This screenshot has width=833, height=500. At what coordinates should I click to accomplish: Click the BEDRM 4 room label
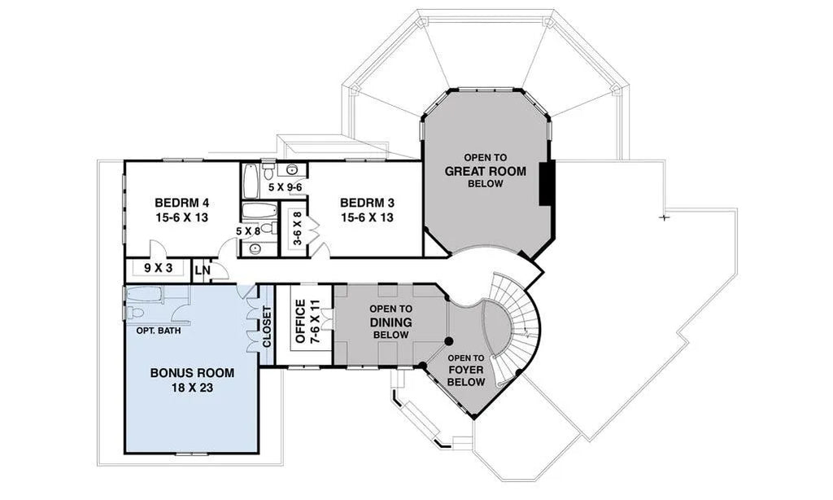pyautogui.click(x=181, y=203)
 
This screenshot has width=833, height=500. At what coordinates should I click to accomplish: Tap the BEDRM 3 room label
pyautogui.click(x=367, y=203)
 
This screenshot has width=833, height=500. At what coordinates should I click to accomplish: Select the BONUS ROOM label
pyautogui.click(x=192, y=373)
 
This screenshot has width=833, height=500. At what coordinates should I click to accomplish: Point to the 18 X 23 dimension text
pyautogui.click(x=192, y=388)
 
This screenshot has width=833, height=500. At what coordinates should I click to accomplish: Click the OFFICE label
pyautogui.click(x=301, y=322)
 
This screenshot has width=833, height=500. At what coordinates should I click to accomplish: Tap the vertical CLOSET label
pyautogui.click(x=267, y=326)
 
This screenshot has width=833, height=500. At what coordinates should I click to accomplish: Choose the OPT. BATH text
pyautogui.click(x=159, y=331)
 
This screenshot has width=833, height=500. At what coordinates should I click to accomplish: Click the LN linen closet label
pyautogui.click(x=203, y=270)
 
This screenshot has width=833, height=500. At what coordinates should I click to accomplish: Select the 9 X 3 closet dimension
pyautogui.click(x=159, y=268)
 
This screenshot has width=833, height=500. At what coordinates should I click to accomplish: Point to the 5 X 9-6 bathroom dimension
pyautogui.click(x=285, y=187)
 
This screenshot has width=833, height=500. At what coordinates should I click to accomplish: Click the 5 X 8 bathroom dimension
pyautogui.click(x=248, y=230)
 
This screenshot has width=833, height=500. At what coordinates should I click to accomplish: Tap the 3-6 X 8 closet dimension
pyautogui.click(x=297, y=228)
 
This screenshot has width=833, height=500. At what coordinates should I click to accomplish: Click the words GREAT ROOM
pyautogui.click(x=485, y=171)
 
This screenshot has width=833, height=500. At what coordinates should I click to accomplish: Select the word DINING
pyautogui.click(x=391, y=322)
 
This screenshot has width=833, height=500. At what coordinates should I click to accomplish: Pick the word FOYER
pyautogui.click(x=466, y=370)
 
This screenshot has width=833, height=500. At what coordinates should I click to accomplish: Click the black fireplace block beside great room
pyautogui.click(x=547, y=182)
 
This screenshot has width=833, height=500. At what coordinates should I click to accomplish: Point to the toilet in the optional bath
pyautogui.click(x=134, y=312)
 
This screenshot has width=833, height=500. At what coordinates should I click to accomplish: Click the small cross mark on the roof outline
pyautogui.click(x=664, y=217)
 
